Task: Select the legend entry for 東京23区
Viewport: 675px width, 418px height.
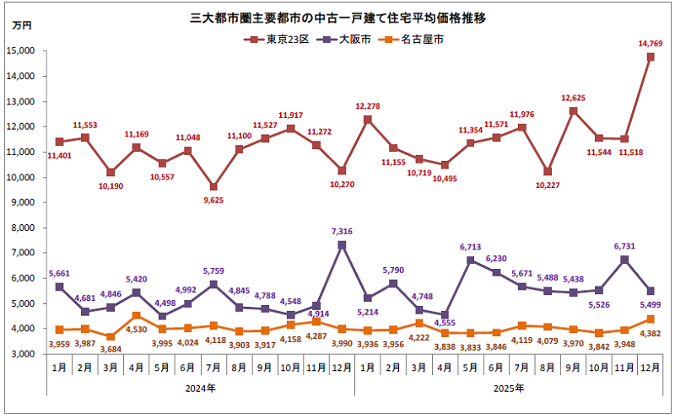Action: pyautogui.click(x=283, y=39)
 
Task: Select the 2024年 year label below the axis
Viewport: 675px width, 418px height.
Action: pyautogui.click(x=199, y=389)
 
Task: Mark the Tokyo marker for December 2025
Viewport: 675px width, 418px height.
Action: pyautogui.click(x=651, y=57)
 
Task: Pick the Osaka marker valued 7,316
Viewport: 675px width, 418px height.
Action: pyautogui.click(x=342, y=245)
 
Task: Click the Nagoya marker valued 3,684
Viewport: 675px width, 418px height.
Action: pyautogui.click(x=111, y=336)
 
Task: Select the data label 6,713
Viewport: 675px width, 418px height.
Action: pyautogui.click(x=471, y=247)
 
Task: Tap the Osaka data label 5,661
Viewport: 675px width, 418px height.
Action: pyautogui.click(x=59, y=272)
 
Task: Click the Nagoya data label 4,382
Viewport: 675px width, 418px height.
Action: pyautogui.click(x=649, y=333)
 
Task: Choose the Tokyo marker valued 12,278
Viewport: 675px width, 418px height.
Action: pyautogui.click(x=368, y=120)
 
